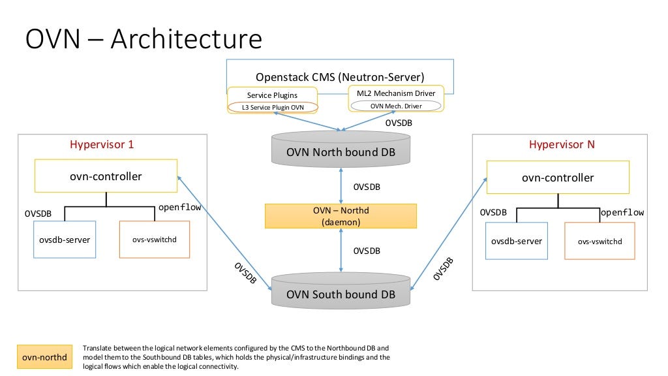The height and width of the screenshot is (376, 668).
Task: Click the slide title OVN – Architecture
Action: [x=144, y=39]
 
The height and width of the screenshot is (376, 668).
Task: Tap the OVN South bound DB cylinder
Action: [x=341, y=294]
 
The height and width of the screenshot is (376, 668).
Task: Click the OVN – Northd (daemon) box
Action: [x=341, y=216]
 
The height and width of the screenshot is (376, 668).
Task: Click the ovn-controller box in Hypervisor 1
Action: [x=106, y=176]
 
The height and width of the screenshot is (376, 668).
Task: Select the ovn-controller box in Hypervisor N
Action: [x=558, y=178]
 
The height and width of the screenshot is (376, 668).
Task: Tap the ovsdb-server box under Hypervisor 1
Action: [x=63, y=240]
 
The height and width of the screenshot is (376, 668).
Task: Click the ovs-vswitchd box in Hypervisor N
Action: [x=600, y=241]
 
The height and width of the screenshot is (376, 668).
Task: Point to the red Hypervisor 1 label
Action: [x=102, y=144]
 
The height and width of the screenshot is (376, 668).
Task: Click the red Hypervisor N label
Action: [x=562, y=144]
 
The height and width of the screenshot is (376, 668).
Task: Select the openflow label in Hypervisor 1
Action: [x=179, y=208]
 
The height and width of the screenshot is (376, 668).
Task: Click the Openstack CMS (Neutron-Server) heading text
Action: [x=340, y=77]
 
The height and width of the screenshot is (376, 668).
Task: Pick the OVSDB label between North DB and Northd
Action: [x=367, y=187]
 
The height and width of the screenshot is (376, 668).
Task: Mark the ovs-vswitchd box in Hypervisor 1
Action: [x=155, y=240]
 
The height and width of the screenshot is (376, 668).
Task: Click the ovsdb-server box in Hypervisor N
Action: [x=516, y=241]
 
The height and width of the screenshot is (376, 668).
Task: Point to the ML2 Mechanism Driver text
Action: [x=396, y=93]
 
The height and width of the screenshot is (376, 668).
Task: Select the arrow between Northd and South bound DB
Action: [x=341, y=251]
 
